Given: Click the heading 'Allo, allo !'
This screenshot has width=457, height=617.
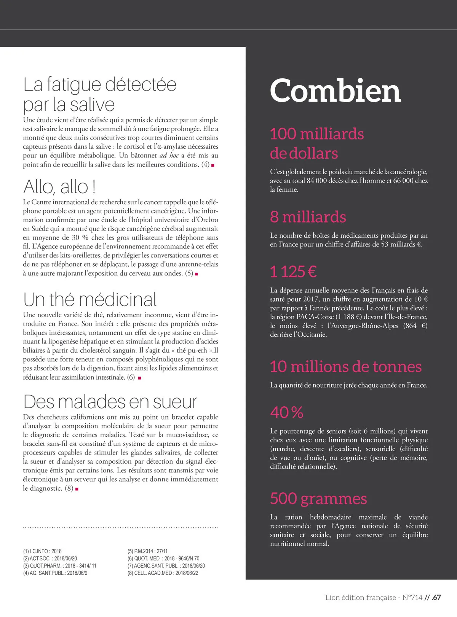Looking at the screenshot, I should (59, 187).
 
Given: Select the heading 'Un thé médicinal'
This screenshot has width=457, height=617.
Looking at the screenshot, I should (90, 299).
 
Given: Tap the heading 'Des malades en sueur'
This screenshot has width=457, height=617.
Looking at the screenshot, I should (110, 402).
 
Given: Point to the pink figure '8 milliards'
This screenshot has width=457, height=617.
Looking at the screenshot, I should (308, 217).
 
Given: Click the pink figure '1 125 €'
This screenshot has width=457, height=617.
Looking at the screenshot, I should (293, 272).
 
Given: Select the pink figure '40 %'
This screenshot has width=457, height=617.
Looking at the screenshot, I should (286, 412).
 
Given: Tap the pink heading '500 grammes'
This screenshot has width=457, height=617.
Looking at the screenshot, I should (318, 498).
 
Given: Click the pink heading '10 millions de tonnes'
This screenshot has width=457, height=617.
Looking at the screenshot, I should (346, 367).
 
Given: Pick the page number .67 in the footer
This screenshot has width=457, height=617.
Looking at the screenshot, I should (436, 598).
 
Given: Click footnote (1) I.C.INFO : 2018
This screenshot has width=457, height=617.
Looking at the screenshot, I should (42, 551).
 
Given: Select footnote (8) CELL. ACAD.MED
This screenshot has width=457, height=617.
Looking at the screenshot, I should (163, 573).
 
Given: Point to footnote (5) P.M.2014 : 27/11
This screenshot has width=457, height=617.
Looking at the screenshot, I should (147, 551).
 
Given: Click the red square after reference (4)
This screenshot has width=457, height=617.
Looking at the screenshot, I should (213, 165).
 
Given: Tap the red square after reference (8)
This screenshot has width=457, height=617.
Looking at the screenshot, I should (77, 489).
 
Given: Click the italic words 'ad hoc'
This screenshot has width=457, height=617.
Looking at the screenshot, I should (169, 155).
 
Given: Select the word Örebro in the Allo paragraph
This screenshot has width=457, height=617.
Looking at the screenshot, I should (208, 220).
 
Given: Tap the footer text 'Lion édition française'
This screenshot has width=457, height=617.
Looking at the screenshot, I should (361, 598).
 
